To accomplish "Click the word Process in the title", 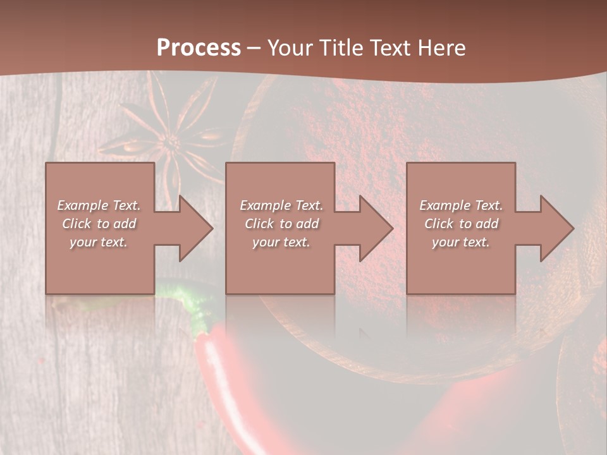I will pyautogui.click(x=199, y=48).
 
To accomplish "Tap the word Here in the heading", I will pyautogui.click(x=440, y=48).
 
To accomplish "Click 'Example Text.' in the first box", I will pyautogui.click(x=99, y=205).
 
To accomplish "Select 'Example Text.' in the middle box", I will pyautogui.click(x=281, y=205).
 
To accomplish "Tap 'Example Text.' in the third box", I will pyautogui.click(x=461, y=205).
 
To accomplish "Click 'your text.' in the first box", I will pyautogui.click(x=99, y=242).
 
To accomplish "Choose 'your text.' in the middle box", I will pyautogui.click(x=281, y=242).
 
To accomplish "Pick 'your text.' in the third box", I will pyautogui.click(x=461, y=242).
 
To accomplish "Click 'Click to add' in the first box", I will pyautogui.click(x=99, y=224).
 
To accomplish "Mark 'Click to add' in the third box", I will pyautogui.click(x=461, y=224).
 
